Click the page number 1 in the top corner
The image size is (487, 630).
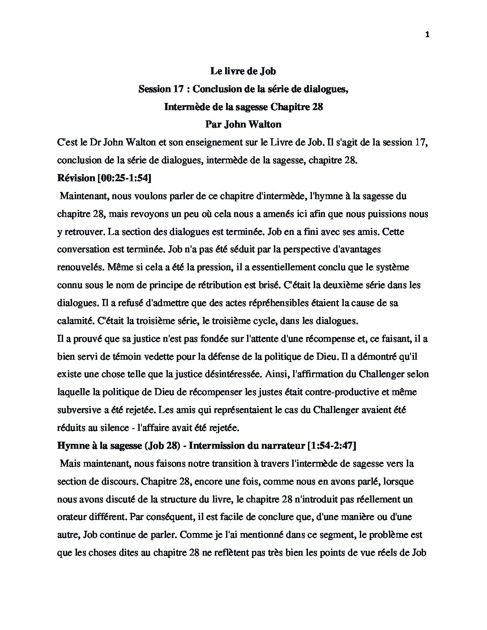click(427, 36)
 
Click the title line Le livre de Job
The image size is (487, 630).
click(243, 71)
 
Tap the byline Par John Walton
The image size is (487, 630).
click(243, 124)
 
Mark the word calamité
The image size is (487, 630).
click(75, 321)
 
